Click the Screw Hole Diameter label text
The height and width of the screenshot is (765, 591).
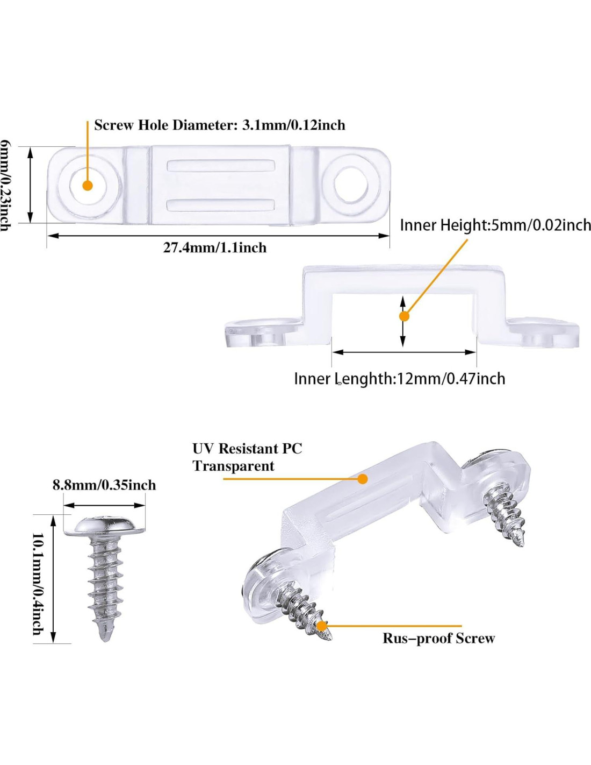(219, 125)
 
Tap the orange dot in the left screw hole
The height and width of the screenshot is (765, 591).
(88, 185)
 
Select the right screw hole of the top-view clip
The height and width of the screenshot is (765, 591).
(351, 183)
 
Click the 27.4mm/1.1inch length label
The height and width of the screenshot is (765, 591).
(215, 247)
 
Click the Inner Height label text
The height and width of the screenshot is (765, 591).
(495, 225)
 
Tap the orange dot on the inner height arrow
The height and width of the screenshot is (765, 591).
(404, 316)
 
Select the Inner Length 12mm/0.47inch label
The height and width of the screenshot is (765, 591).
(399, 379)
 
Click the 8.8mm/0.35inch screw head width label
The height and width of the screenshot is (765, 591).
(104, 485)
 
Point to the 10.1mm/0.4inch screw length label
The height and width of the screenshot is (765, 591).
(38, 584)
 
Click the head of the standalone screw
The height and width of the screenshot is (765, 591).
(105, 526)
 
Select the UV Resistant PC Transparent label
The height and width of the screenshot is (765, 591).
(247, 457)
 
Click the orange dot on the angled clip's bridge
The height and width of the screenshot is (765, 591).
(363, 478)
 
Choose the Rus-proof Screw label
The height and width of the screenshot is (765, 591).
(438, 638)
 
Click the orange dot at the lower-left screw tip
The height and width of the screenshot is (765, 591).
(321, 626)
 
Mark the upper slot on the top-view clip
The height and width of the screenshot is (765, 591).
(221, 165)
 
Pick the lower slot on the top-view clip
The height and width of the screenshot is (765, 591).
(221, 204)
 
